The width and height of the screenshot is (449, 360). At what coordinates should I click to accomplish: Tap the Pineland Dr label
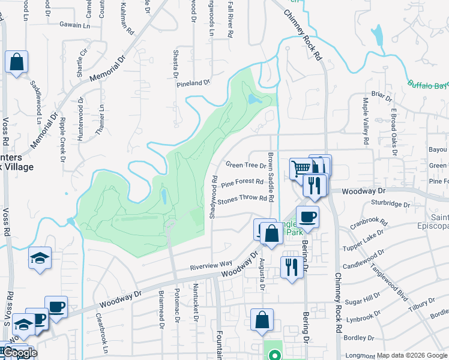(x=193, y=83)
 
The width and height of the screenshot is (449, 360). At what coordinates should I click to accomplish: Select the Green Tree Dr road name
(x=246, y=165)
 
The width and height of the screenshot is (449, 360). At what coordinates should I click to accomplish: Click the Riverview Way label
(x=211, y=264)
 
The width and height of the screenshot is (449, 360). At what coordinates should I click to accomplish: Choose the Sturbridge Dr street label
(x=390, y=204)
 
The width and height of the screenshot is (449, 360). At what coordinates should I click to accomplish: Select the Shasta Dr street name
(x=176, y=63)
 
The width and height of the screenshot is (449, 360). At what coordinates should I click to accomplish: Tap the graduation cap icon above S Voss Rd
(x=40, y=258)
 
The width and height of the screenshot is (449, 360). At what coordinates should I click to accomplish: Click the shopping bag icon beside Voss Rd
(x=16, y=61)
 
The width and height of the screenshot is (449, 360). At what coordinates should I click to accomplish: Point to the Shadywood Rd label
(x=213, y=197)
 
